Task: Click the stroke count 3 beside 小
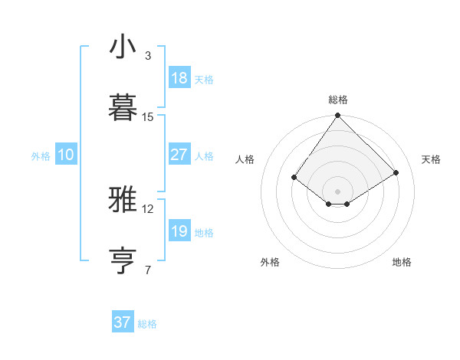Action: click(x=148, y=56)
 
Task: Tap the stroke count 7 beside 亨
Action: click(x=148, y=270)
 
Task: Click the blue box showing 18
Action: click(x=179, y=78)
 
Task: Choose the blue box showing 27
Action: click(x=179, y=155)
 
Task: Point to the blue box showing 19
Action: click(x=179, y=231)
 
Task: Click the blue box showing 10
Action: click(x=66, y=155)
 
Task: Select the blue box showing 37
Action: click(x=123, y=322)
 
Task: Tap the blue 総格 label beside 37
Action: click(x=147, y=324)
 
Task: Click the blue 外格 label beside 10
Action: click(x=41, y=156)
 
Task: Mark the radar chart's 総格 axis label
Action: click(x=338, y=100)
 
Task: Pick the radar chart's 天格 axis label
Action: click(x=432, y=159)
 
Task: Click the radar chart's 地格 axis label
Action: click(x=402, y=263)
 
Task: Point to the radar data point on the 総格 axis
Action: click(x=337, y=116)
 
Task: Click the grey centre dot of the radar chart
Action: click(x=337, y=191)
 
